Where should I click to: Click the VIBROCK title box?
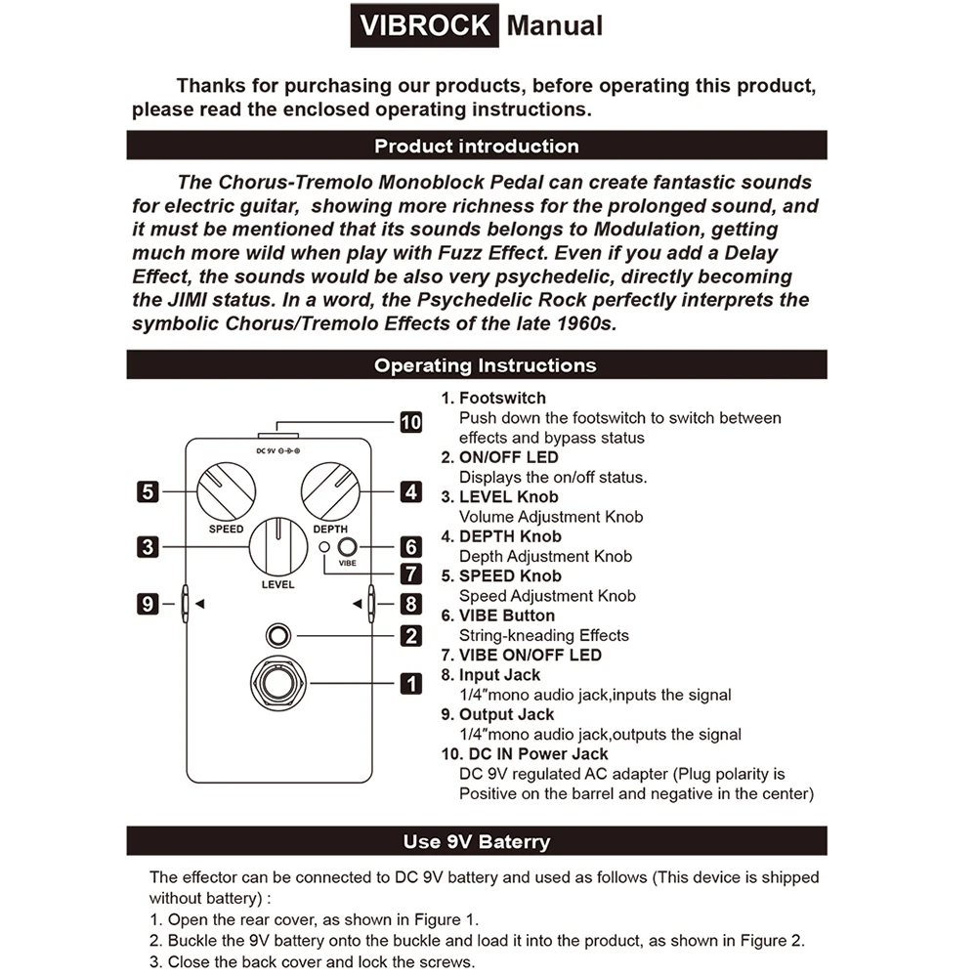[x=424, y=25]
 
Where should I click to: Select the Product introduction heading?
[x=477, y=147]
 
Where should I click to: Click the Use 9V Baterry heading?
[x=477, y=841]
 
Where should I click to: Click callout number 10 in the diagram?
[x=411, y=422]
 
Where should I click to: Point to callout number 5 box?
[x=147, y=491]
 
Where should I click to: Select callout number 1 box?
[x=411, y=684]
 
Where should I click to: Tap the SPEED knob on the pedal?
[x=226, y=491]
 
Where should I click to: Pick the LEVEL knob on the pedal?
[x=277, y=547]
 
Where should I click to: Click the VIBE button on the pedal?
[x=347, y=548]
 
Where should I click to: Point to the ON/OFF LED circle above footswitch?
[x=279, y=636]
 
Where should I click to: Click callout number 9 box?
[x=147, y=604]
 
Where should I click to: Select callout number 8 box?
[x=411, y=604]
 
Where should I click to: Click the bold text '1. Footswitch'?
[x=493, y=399]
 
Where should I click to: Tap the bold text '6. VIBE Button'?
[x=497, y=616]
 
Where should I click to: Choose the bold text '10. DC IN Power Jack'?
[x=524, y=754]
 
